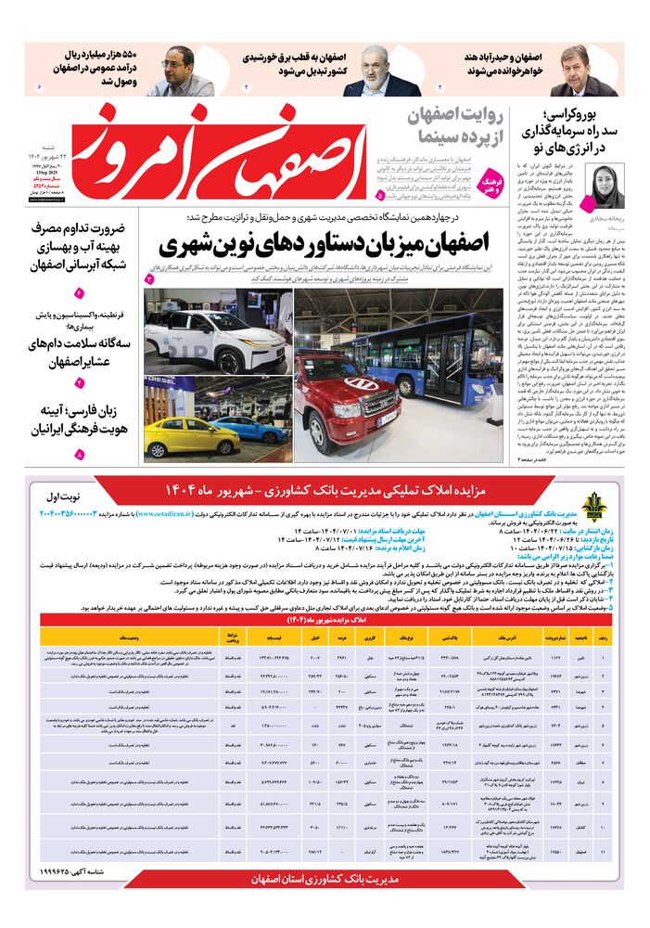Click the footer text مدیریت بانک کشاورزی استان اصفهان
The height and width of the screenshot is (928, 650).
pyautogui.click(x=325, y=878)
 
